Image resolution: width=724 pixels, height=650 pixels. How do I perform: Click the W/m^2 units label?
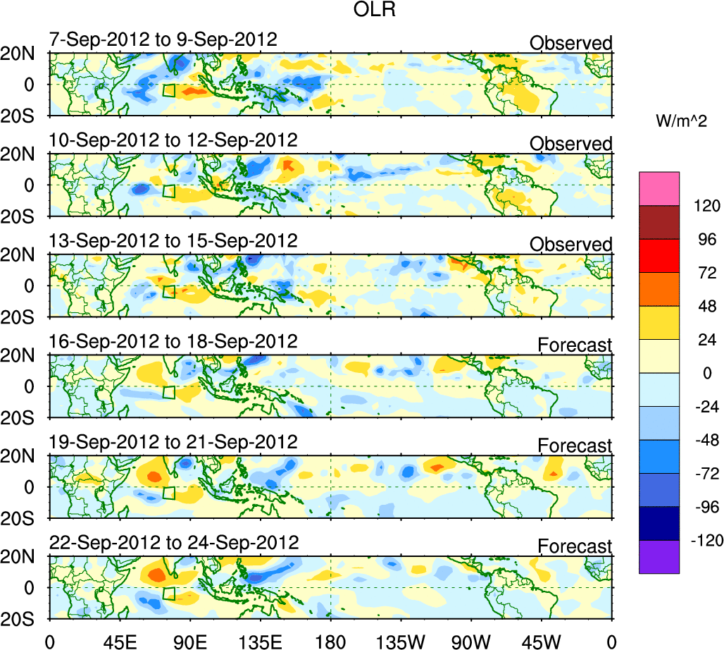coord(680,122)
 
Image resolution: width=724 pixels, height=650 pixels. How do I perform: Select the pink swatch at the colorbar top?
coord(659,188)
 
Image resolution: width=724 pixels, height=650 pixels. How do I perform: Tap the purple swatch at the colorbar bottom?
coord(659,556)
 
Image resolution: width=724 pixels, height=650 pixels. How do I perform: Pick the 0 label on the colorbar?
coord(707,374)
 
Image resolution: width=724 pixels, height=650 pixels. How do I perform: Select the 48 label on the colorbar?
coord(706,307)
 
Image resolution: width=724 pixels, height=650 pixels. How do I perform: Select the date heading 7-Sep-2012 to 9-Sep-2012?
coord(163,39)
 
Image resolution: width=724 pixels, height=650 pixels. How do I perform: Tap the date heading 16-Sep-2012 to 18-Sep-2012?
coord(173,341)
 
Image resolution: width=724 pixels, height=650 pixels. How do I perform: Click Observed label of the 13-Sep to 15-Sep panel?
coord(571,245)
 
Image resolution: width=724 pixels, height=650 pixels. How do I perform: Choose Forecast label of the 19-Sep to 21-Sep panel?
coord(575,446)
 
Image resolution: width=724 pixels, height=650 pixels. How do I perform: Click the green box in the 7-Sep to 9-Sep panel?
coord(168,90)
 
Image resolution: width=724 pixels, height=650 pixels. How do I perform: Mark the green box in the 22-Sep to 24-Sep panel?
coord(168,594)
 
